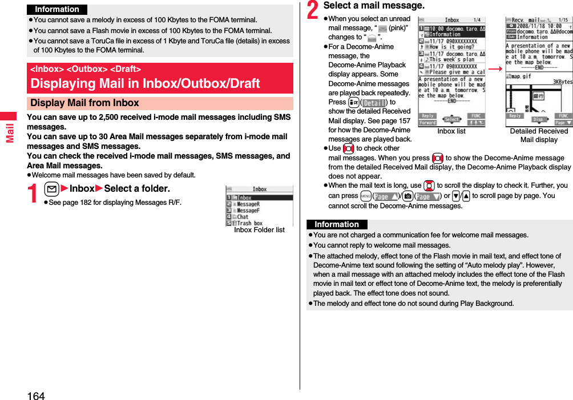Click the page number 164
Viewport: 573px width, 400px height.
(35, 395)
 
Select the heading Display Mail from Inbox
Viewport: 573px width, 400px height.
(84, 103)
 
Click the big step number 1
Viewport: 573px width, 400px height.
(34, 194)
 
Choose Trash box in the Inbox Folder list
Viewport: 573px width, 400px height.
(249, 223)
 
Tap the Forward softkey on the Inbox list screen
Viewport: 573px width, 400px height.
(427, 122)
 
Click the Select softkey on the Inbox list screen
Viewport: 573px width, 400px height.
(452, 119)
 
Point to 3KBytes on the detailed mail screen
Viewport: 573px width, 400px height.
(562, 81)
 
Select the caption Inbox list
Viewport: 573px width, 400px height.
(451, 131)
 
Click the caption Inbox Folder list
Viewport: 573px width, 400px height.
(259, 230)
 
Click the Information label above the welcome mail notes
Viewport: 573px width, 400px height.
(337, 225)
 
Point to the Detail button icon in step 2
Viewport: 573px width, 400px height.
(373, 102)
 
